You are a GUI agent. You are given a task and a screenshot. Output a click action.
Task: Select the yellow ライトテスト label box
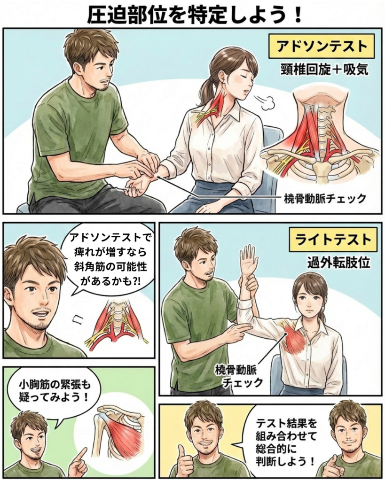pyautogui.click(x=333, y=240)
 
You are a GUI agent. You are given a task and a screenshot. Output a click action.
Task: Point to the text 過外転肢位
pyautogui.click(x=339, y=263)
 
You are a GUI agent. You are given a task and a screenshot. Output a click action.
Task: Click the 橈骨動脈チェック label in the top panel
pyautogui.click(x=325, y=199)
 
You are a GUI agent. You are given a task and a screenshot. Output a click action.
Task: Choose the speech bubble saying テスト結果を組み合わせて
pyautogui.click(x=285, y=442)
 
